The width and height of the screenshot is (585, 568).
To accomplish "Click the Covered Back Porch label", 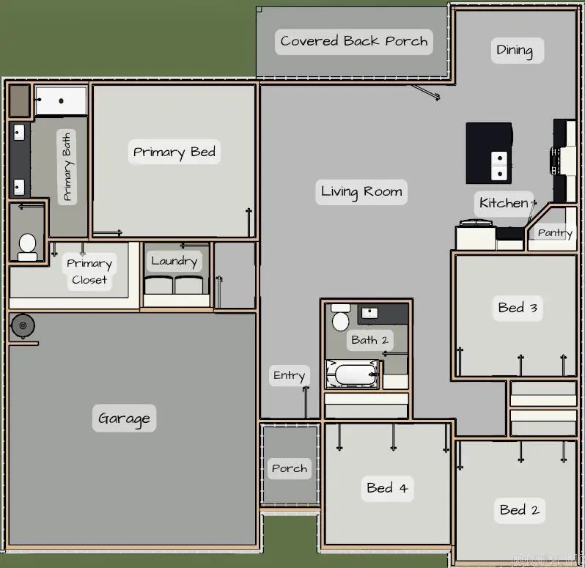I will [354, 41].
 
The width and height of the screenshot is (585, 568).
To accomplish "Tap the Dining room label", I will [515, 50].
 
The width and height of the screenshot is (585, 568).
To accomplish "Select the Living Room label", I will [361, 192].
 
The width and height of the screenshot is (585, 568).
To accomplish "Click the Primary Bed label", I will [174, 152].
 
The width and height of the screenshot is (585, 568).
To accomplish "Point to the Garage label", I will [124, 418].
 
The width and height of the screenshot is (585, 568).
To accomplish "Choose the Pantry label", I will [554, 232].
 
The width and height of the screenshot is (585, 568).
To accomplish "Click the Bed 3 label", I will [518, 308].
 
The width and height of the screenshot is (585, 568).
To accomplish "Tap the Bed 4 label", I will [387, 487].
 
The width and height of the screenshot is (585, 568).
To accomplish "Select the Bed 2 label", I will [519, 509].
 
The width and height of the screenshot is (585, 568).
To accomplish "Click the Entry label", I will [289, 375].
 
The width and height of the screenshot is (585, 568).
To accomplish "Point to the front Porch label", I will [290, 468].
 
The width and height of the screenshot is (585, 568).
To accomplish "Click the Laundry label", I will [174, 260].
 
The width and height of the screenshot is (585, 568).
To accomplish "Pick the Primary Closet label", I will [89, 271].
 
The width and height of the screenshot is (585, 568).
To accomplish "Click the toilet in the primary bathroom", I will [28, 246].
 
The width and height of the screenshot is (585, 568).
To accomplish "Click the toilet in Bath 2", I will [340, 318].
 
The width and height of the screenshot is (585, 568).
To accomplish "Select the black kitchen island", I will [489, 153].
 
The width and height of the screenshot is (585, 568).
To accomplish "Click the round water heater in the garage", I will [23, 325].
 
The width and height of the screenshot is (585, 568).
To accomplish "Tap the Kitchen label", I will [504, 203].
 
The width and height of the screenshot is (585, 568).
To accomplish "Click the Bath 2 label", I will [369, 339].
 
